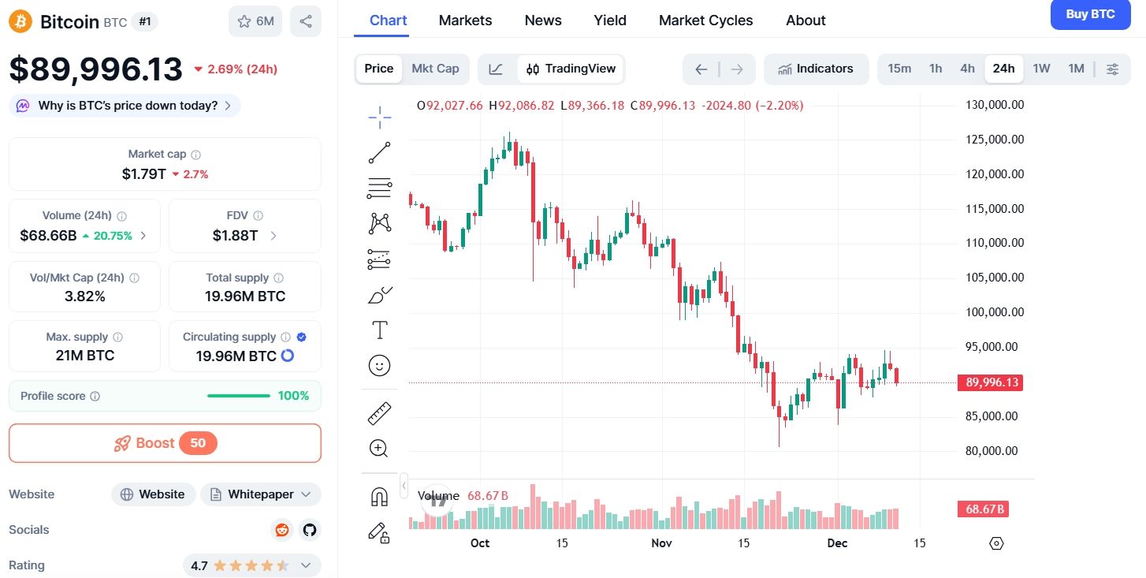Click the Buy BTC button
(x=1090, y=14)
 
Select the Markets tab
(x=465, y=21)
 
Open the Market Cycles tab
(x=705, y=21)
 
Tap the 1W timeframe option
(x=1041, y=69)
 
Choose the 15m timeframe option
(x=899, y=69)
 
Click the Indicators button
(x=816, y=69)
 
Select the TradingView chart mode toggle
(x=571, y=69)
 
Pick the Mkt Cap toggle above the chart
(x=435, y=69)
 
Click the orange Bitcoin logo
(x=20, y=21)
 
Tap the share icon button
(x=306, y=21)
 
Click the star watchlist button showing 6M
(x=255, y=21)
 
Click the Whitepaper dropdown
(x=260, y=494)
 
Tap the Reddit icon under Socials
(x=281, y=530)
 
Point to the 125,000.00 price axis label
(x=995, y=140)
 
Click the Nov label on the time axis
(x=661, y=543)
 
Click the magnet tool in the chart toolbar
(x=379, y=497)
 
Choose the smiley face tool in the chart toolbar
(x=379, y=365)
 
